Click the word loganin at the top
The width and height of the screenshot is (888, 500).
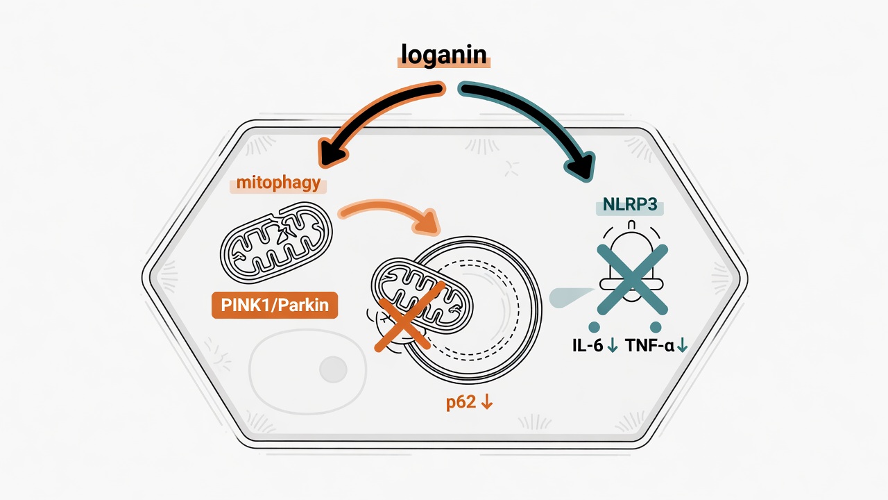[x=443, y=55]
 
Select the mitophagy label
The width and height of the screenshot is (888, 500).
[x=278, y=183]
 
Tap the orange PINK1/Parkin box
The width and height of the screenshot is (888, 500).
[x=275, y=305]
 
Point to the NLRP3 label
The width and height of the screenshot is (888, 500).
[x=630, y=205]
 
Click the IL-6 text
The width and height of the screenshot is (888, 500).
[x=588, y=346]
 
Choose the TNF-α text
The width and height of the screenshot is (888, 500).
[x=649, y=346]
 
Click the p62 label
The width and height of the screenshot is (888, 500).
[x=461, y=403]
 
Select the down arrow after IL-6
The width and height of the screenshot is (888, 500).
[x=613, y=345]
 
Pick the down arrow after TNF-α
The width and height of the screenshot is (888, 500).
[x=682, y=345]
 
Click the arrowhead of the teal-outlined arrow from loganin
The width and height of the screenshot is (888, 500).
[x=582, y=167]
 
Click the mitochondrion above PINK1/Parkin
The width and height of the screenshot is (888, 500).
[x=276, y=242]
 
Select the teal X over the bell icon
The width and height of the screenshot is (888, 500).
[x=632, y=280]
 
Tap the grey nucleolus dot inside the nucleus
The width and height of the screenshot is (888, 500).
[x=334, y=369]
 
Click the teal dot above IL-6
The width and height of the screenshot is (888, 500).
[x=594, y=327]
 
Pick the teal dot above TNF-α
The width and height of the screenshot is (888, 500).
[x=656, y=327]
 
